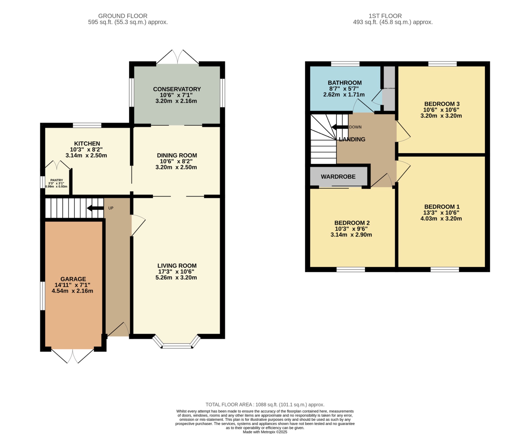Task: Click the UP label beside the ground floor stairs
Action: tap(111, 208)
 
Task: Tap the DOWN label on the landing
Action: tap(355, 127)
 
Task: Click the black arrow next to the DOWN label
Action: tap(340, 127)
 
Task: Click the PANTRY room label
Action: tap(56, 180)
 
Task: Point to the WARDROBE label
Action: tap(338, 177)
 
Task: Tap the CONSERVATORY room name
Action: tap(177, 89)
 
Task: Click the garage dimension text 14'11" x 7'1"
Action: tap(72, 285)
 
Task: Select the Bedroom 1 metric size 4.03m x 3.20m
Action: tap(441, 218)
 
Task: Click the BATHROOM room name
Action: tap(344, 83)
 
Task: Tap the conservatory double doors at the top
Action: tap(178, 57)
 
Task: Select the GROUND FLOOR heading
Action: tap(123, 16)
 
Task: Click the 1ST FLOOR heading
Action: tap(385, 16)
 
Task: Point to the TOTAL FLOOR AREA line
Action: tap(265, 404)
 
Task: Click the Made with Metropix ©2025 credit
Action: tap(265, 432)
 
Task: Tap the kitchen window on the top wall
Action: tap(87, 126)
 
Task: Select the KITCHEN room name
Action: tap(87, 144)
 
